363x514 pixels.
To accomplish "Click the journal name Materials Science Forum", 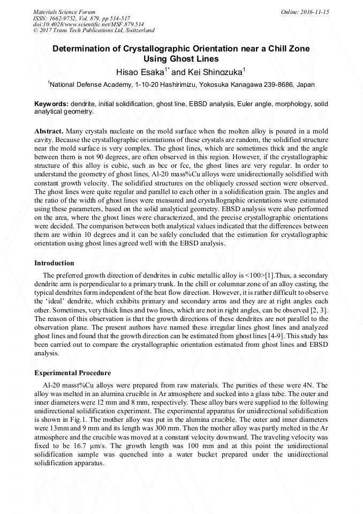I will click(64, 12).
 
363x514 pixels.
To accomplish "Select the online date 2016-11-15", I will click(316, 12).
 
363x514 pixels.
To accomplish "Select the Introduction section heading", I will click(54, 263).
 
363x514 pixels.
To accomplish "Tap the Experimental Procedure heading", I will click(72, 373).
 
